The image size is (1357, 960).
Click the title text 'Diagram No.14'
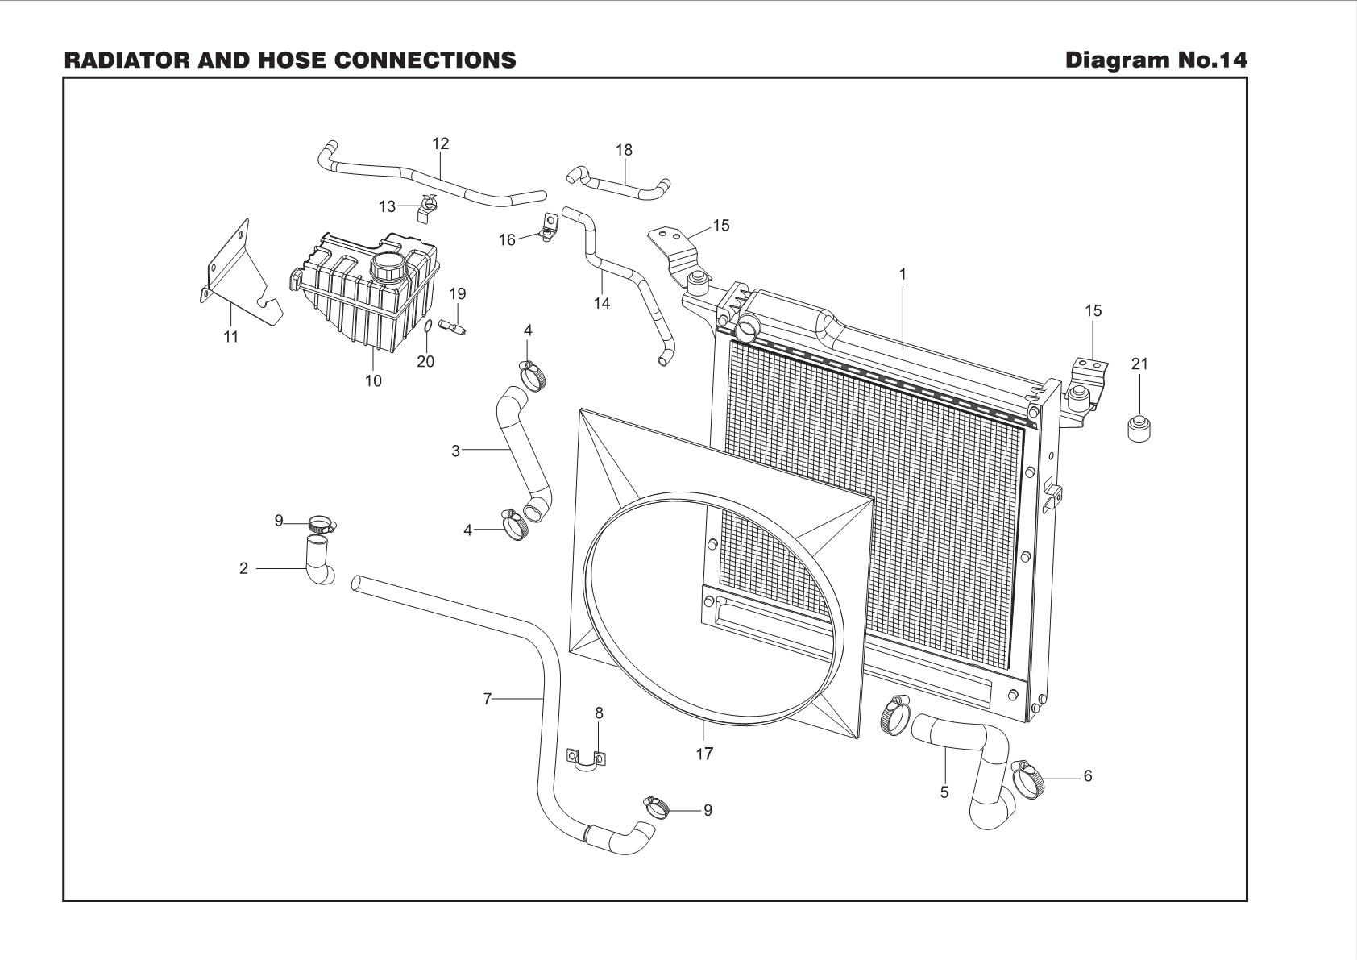pos(1156,60)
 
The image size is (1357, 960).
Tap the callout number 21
pos(1139,364)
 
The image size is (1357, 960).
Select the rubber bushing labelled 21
pos(1139,426)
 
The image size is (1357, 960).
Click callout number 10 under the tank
pos(373,380)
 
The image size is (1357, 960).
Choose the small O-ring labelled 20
pos(429,326)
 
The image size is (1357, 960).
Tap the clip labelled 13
pos(427,207)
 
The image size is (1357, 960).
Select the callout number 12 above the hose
pos(440,143)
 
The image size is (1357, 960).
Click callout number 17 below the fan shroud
pos(704,754)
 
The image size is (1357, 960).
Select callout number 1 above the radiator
pos(903,274)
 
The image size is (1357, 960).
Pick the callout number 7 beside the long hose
pos(487,699)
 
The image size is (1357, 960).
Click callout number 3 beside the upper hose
pos(455,451)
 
